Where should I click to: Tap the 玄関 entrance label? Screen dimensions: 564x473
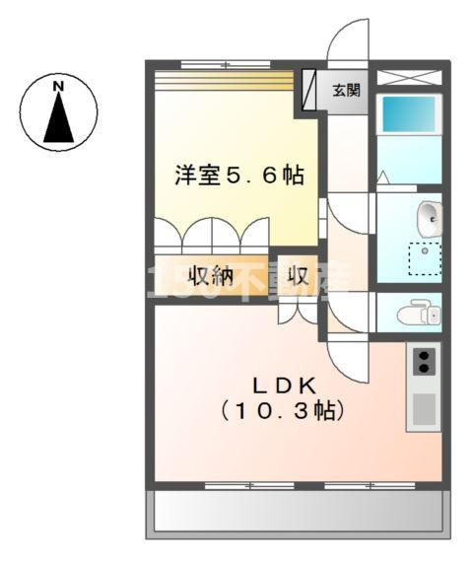click(x=346, y=91)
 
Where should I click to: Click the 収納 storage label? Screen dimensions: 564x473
click(x=211, y=276)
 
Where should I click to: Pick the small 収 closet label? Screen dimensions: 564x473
click(x=298, y=275)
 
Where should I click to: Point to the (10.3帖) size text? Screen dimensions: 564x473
click(x=282, y=410)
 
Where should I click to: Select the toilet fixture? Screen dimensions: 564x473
click(x=418, y=314)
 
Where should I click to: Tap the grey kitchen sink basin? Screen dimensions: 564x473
click(x=424, y=406)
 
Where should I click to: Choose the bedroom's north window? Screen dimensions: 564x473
click(x=225, y=65)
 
